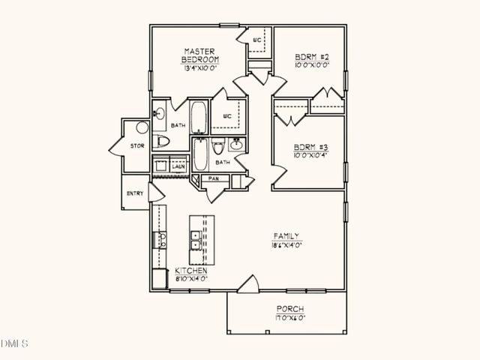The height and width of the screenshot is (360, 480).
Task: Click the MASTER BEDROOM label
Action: click(200, 55)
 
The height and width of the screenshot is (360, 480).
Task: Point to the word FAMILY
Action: click(286, 235)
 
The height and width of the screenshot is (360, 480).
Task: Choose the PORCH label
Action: click(289, 309)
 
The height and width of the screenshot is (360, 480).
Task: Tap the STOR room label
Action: click(137, 145)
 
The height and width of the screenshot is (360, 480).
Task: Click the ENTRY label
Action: click(135, 193)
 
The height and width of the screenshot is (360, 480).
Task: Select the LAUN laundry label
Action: click(178, 167)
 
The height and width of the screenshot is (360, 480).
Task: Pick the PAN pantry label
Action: click(213, 178)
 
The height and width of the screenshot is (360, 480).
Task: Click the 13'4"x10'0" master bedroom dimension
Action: click(200, 68)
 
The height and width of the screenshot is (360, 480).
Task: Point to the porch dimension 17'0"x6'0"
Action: click(289, 318)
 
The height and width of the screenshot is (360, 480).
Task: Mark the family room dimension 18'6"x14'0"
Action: click(286, 245)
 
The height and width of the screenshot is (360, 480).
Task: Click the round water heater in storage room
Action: click(142, 128)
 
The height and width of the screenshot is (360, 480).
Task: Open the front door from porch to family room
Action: click(247, 285)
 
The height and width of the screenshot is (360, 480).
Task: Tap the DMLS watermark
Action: click(14, 344)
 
